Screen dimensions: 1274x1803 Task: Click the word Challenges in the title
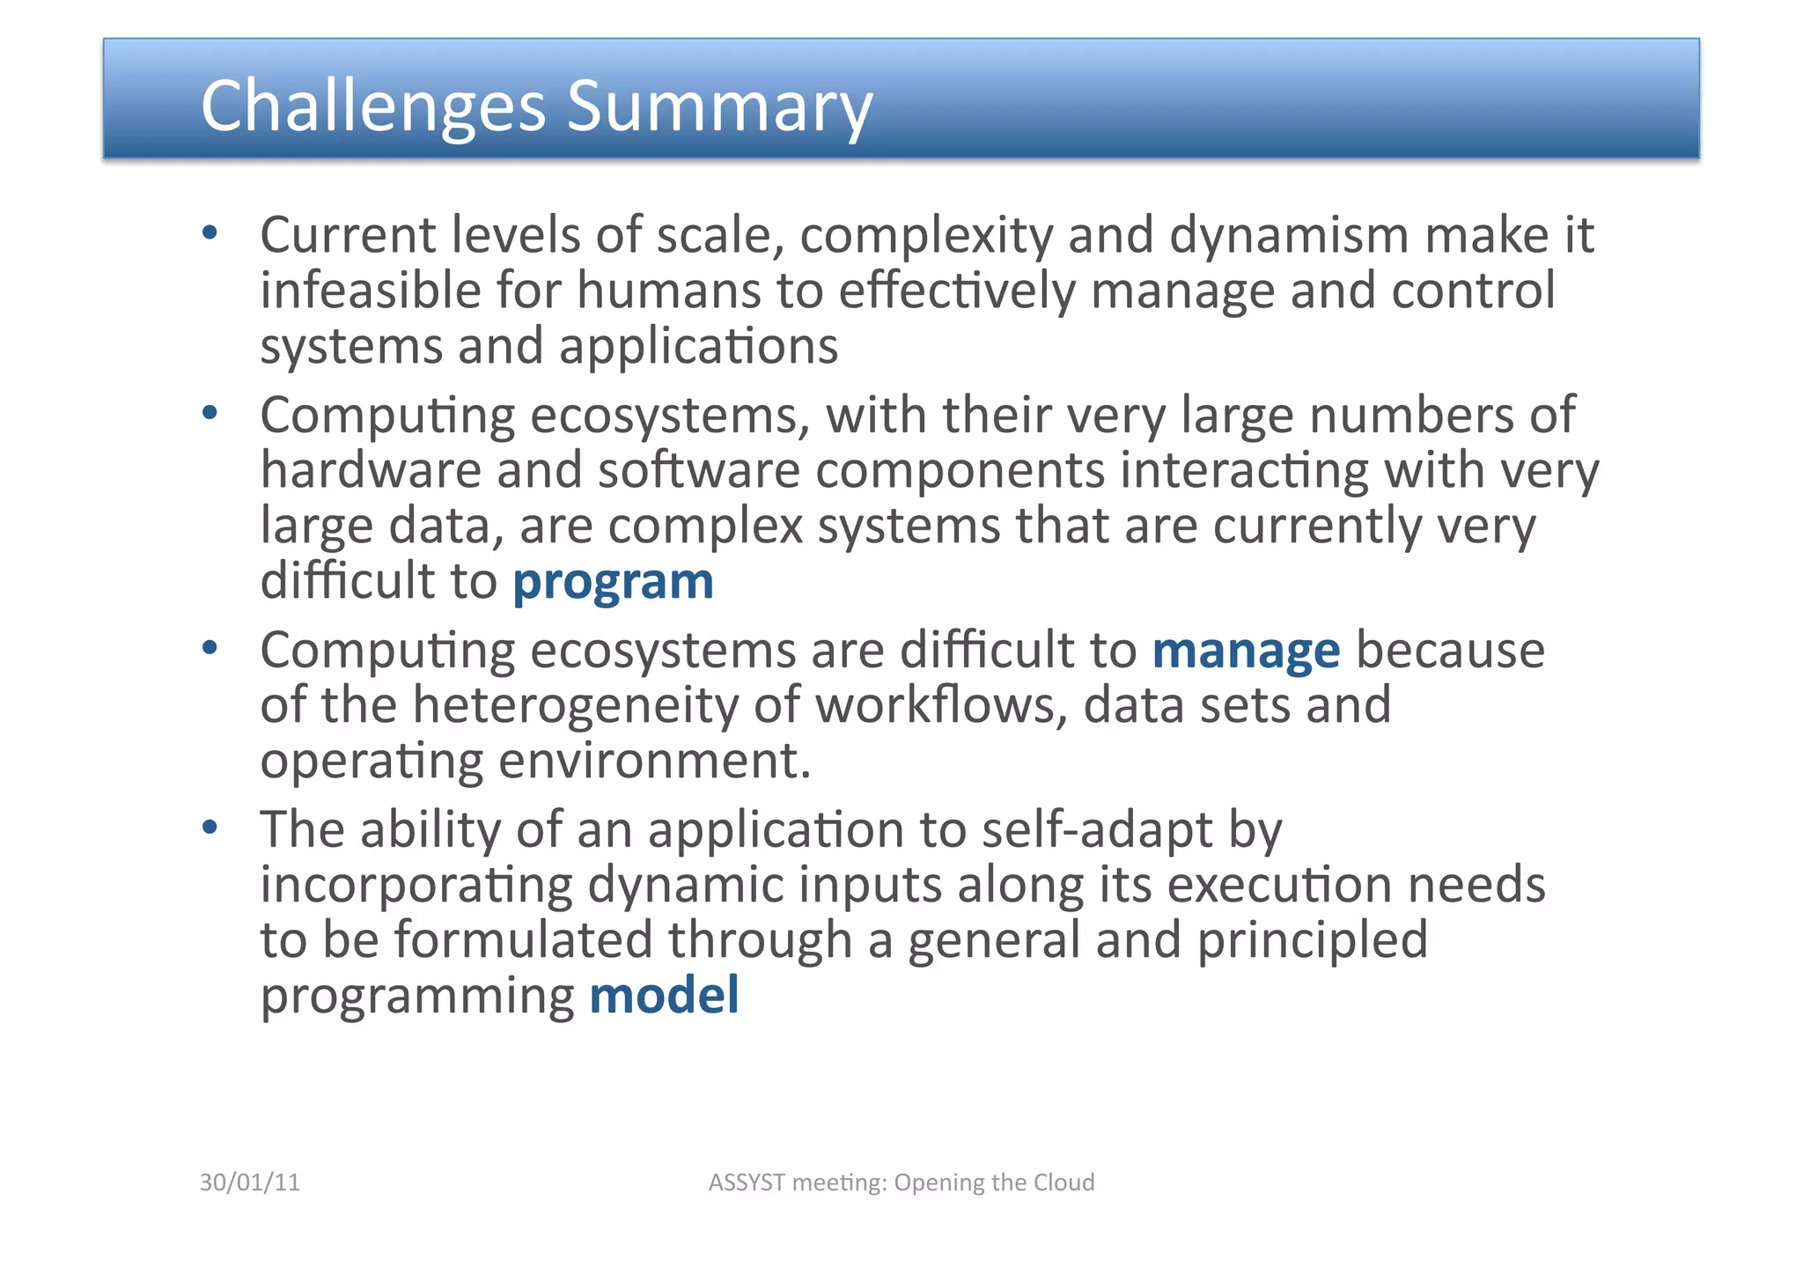coord(372,107)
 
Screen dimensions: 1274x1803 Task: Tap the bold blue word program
coord(613,583)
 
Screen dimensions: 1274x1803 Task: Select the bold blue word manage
coord(1246,652)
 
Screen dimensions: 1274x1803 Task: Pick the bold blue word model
coord(664,996)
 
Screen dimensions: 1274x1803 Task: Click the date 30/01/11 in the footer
coord(250,1182)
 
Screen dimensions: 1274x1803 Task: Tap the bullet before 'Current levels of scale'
coord(210,233)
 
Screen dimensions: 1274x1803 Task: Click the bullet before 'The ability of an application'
coord(210,828)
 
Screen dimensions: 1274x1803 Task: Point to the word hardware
coord(371,470)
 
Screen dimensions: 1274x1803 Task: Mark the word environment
coord(653,761)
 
